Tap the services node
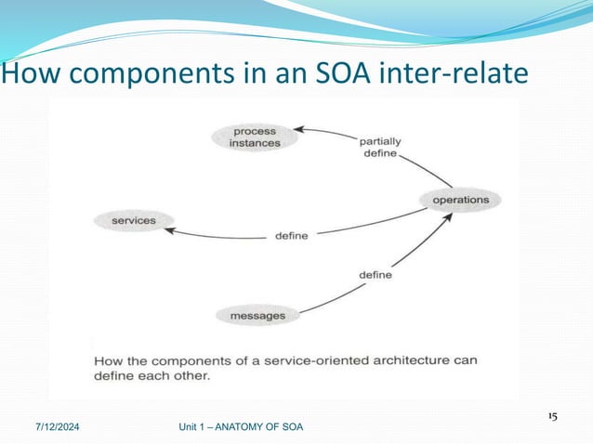click(x=133, y=221)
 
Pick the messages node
click(x=257, y=317)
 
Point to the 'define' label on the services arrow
click(x=291, y=236)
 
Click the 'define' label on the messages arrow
click(x=376, y=275)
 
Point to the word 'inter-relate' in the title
click(x=455, y=72)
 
